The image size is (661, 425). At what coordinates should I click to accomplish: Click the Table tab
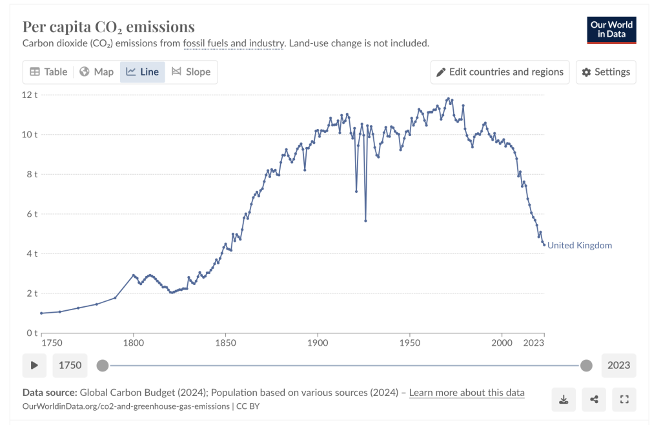(48, 72)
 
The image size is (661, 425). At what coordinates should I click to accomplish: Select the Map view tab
(97, 72)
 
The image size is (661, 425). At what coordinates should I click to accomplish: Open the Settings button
(606, 72)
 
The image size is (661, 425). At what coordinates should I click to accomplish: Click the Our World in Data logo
(611, 29)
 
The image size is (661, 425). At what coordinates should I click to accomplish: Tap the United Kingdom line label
(579, 246)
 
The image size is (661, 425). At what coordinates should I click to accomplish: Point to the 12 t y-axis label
(30, 95)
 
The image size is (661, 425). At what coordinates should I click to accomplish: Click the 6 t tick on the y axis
(32, 214)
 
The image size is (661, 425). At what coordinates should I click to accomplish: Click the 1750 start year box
(70, 365)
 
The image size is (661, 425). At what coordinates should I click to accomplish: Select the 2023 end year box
(618, 365)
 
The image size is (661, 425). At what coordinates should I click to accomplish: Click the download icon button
(564, 400)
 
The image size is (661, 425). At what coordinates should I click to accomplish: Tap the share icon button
(594, 400)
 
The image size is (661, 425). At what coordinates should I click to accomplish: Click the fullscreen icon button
(624, 400)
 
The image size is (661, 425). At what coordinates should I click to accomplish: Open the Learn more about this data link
(467, 392)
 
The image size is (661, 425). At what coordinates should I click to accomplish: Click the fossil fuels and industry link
(234, 43)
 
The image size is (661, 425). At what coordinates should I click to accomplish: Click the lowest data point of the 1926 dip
(365, 221)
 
